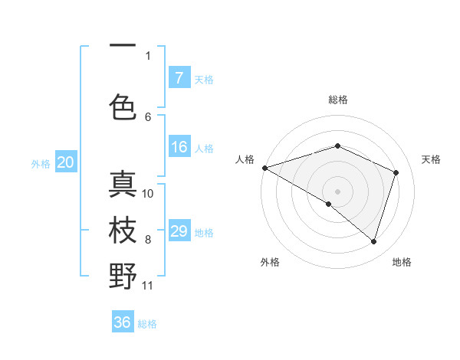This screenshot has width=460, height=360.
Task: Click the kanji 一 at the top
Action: pos(123,47)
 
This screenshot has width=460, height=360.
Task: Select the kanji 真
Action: pos(123,184)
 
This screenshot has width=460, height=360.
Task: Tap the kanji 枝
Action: pos(123,231)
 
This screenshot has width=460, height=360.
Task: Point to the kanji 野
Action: pos(123,277)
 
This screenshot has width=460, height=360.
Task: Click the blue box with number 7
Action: pos(179,78)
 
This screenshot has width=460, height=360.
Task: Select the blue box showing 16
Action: pos(179,148)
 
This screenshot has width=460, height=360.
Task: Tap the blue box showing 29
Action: pos(179,231)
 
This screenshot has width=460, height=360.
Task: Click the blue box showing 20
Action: pos(66,162)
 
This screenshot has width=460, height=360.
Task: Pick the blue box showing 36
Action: pos(123,322)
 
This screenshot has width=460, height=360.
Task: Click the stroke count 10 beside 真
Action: pos(148,193)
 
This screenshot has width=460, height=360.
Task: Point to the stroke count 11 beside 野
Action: pos(148,286)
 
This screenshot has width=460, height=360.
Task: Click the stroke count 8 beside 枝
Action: pos(148,240)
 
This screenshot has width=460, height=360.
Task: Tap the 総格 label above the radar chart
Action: pos(337,100)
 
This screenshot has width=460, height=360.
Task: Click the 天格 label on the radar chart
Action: pos(431,159)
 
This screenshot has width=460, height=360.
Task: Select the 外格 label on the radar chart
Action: pos(270,262)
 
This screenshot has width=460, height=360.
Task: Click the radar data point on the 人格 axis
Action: pos(264,167)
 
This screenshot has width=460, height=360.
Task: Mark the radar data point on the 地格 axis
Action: pos(373,241)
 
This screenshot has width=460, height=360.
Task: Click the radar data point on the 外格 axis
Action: pos(329,204)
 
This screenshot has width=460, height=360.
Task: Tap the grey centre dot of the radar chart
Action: pos(337,191)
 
